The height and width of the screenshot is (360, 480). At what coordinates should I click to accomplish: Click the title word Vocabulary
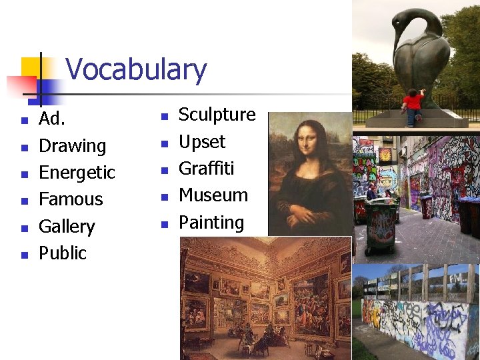pyautogui.click(x=136, y=70)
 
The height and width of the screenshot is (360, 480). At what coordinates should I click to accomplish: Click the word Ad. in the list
pyautogui.click(x=51, y=119)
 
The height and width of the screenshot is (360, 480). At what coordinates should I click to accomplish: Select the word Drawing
pyautogui.click(x=72, y=146)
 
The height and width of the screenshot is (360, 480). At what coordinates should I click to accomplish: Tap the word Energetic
pyautogui.click(x=77, y=173)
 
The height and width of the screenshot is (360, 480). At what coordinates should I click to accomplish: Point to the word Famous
pyautogui.click(x=71, y=199)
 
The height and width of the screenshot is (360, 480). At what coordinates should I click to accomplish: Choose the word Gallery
pyautogui.click(x=67, y=227)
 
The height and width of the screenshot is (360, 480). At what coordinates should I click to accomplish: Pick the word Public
pyautogui.click(x=63, y=253)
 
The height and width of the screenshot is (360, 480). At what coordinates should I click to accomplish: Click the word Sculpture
pyautogui.click(x=217, y=115)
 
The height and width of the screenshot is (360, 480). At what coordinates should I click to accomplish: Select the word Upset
pyautogui.click(x=202, y=142)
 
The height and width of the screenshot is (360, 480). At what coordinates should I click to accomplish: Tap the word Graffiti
pyautogui.click(x=206, y=169)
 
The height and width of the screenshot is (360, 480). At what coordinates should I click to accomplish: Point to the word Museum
pyautogui.click(x=213, y=195)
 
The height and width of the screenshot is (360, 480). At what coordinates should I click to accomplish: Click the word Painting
pyautogui.click(x=211, y=223)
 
